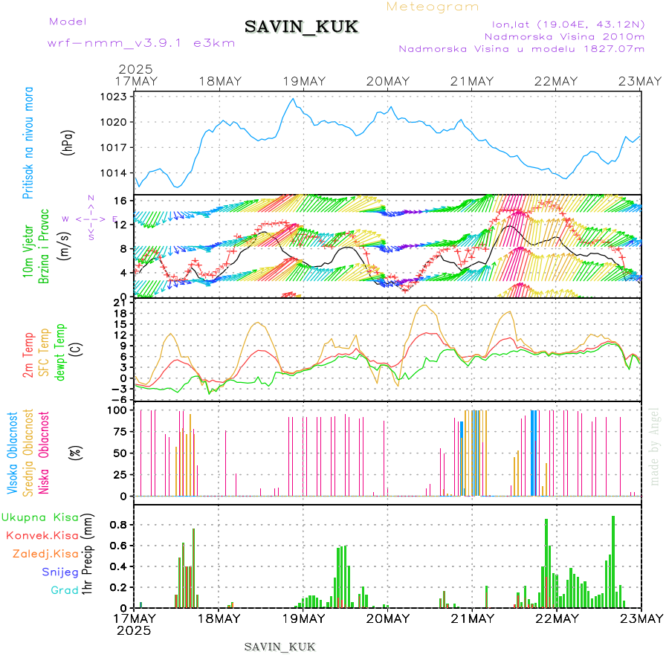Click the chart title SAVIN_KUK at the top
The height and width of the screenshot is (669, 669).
[x=301, y=28]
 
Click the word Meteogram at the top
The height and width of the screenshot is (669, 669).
[x=433, y=7]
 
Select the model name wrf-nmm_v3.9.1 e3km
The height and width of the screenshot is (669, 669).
[x=141, y=42]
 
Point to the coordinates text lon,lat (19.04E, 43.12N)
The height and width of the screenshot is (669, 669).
[x=563, y=24]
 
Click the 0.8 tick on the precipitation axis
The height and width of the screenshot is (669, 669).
[x=117, y=525]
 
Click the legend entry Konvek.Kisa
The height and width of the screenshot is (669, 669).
[x=42, y=535]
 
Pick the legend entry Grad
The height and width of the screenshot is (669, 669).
[x=65, y=590]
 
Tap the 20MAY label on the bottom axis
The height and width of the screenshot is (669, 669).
[x=387, y=618]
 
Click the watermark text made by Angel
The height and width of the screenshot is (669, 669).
[x=655, y=446]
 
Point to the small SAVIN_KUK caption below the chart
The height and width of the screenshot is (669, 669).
[x=279, y=647]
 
